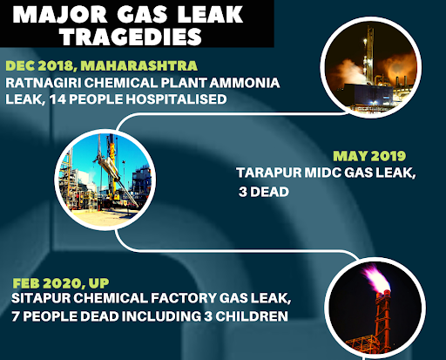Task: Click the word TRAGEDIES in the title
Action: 132,37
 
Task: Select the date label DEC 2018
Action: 39,66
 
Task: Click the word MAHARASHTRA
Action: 139,65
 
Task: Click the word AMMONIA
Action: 245,83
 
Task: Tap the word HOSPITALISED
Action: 176,99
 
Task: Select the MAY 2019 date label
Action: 369,156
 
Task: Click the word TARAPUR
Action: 269,173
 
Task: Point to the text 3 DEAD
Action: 264,192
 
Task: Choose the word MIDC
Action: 322,173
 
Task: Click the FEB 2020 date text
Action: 47,283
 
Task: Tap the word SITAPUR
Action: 41,298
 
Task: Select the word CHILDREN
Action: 252,316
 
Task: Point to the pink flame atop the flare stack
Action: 375,277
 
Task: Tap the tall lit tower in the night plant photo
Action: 369,54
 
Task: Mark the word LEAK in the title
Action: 210,14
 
